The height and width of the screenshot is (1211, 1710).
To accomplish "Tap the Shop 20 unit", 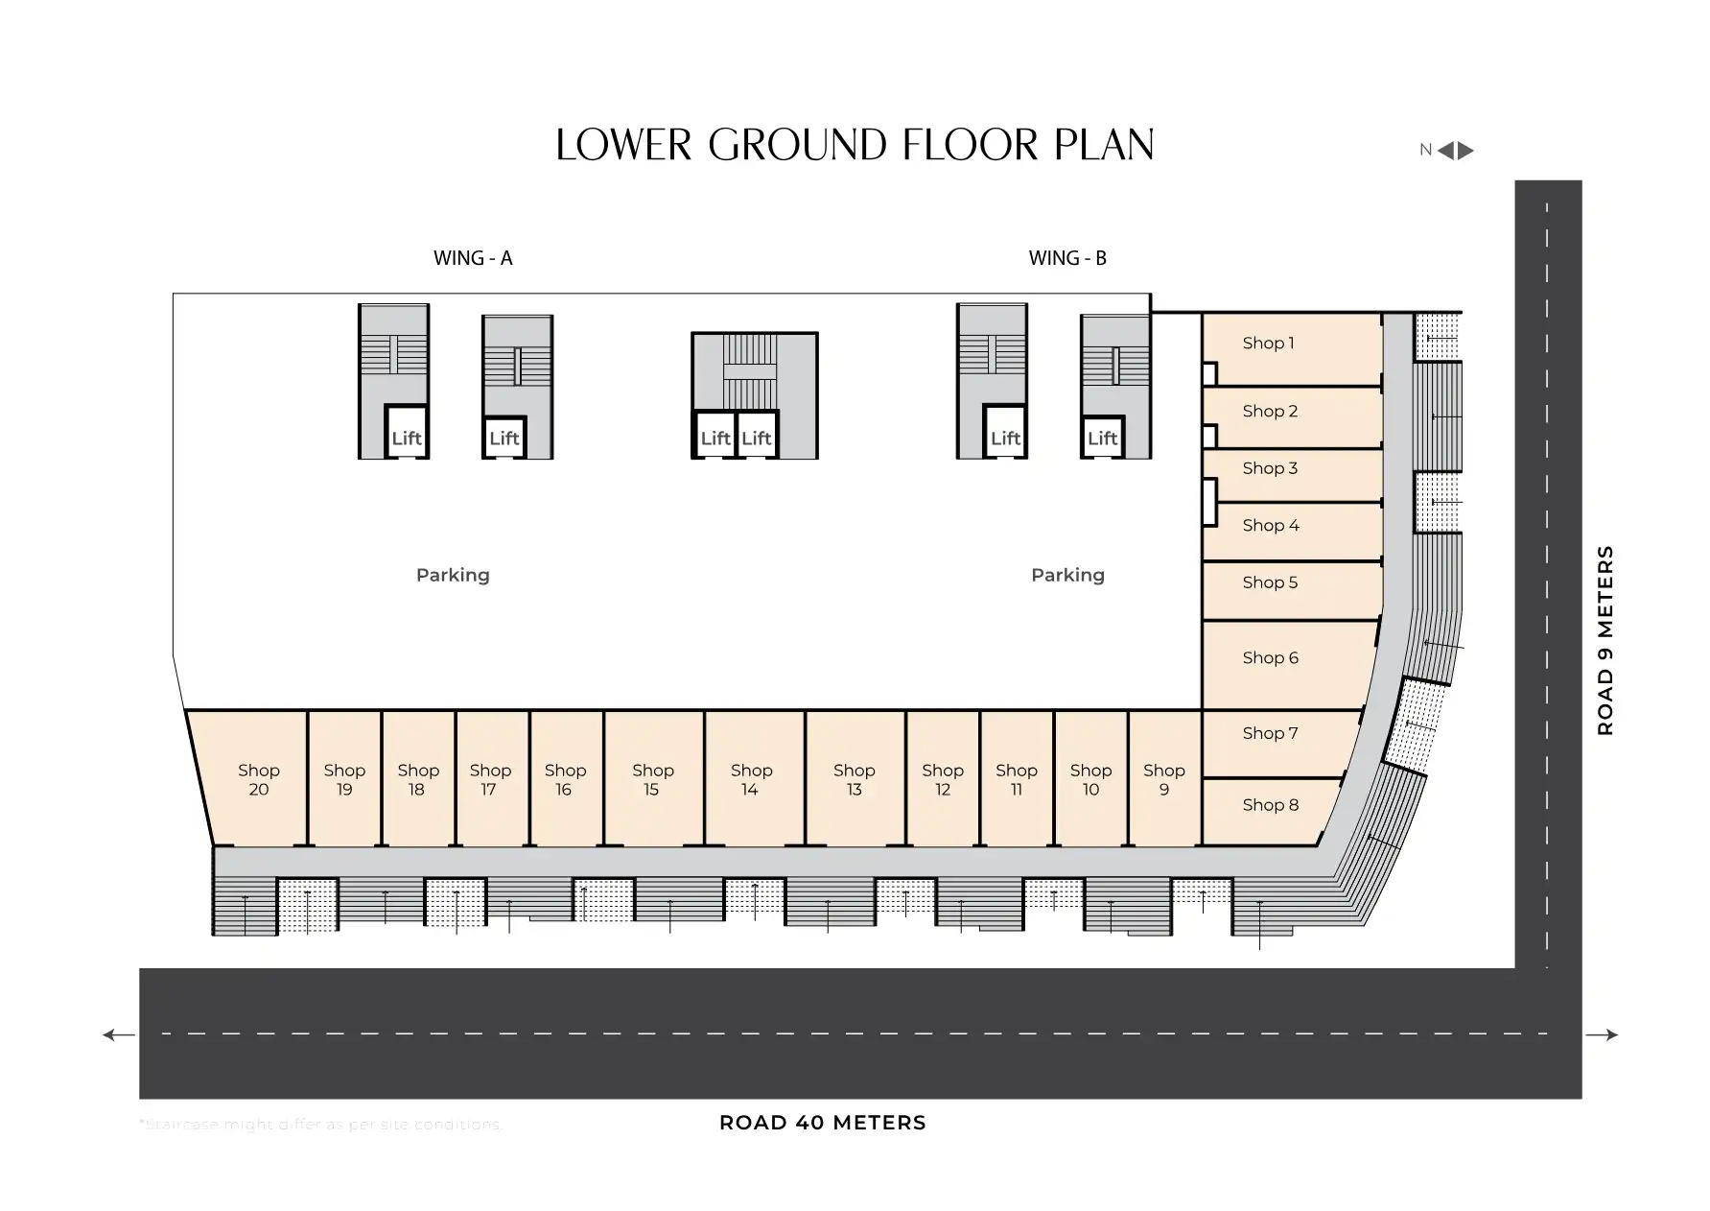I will click(x=254, y=779).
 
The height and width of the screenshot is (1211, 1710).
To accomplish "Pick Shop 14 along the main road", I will click(x=753, y=779).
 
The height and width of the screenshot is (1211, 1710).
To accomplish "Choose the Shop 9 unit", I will click(x=1164, y=779).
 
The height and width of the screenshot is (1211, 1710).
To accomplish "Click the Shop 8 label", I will click(x=1270, y=805).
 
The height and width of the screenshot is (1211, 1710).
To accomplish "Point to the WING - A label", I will click(x=473, y=258).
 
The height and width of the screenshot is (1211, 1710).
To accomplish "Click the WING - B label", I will click(x=1067, y=258).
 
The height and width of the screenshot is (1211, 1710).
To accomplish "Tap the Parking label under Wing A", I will click(x=453, y=575).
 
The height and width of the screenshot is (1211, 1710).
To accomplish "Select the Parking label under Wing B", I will click(x=1067, y=575).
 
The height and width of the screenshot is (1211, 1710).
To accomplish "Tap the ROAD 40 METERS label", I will click(x=822, y=1123).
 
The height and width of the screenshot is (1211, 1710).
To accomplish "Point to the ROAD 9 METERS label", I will click(x=1605, y=640).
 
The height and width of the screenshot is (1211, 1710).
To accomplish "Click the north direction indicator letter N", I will click(x=1425, y=150).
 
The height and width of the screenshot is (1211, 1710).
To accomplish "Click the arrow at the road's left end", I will click(x=119, y=1034).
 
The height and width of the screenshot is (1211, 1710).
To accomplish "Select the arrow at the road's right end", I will click(x=1602, y=1034).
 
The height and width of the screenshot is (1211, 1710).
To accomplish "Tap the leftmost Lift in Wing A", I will click(x=407, y=439).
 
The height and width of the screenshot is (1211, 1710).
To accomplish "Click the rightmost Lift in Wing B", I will click(x=1102, y=439).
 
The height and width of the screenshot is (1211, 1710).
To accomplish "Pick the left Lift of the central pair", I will click(x=714, y=439).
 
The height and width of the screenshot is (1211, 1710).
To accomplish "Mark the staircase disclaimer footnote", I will click(x=320, y=1124).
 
